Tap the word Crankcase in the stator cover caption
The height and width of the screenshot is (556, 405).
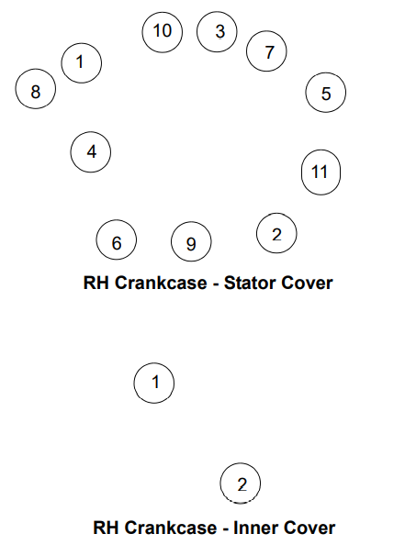(161, 283)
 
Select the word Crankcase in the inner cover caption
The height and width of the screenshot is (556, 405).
(171, 528)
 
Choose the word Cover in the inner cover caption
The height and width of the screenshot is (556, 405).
(309, 528)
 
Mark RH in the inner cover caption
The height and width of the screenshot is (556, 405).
(106, 528)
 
